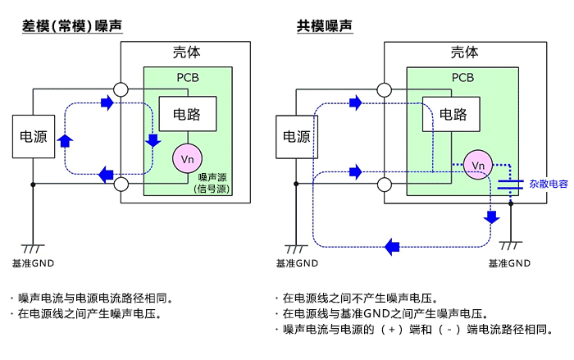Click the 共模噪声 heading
[x=325, y=26]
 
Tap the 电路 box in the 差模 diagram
[x=189, y=114]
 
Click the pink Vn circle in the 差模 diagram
[x=185, y=157]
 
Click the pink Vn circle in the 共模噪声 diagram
[x=478, y=165]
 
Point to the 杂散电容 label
[x=548, y=184]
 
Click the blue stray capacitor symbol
[x=510, y=183]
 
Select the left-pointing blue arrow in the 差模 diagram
[x=106, y=174]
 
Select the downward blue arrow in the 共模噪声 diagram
[x=491, y=217]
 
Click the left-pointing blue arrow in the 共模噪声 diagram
[x=392, y=245]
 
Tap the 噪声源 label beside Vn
[x=212, y=177]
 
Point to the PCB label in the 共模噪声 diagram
[x=463, y=78]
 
